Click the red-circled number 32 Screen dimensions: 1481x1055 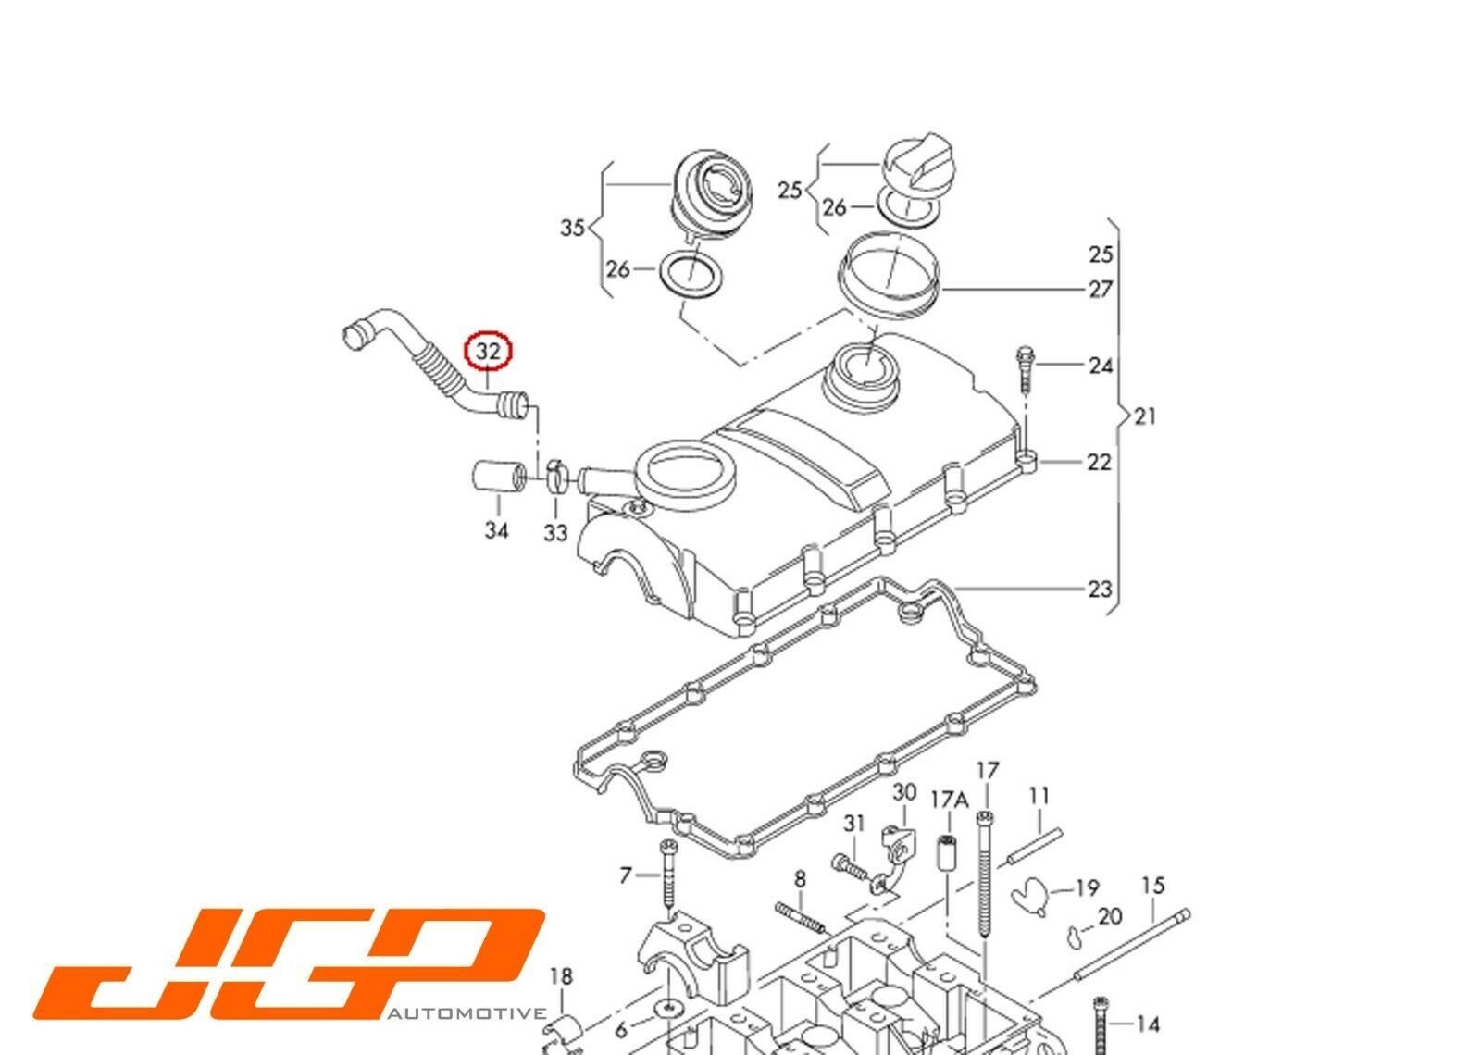pos(488,351)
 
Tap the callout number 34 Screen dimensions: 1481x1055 pos(496,530)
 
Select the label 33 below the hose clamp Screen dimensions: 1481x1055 pos(555,533)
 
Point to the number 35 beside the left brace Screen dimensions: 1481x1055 pos(573,228)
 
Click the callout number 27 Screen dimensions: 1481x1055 pos(1101,289)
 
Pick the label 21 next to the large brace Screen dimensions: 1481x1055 pos(1145,416)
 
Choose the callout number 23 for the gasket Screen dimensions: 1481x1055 pos(1101,589)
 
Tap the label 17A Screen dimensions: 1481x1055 pos(950,800)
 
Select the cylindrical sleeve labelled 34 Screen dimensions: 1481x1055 pos(498,477)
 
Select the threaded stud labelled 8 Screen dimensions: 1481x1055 pos(802,915)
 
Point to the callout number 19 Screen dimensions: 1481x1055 pos(1087,887)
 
